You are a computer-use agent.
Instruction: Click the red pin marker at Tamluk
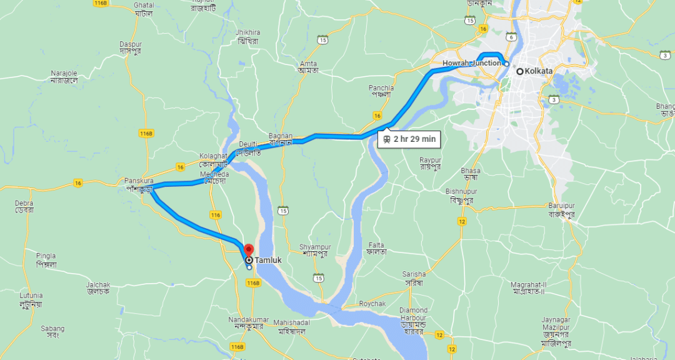click(247, 250)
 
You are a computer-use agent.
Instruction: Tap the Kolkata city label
click(538, 71)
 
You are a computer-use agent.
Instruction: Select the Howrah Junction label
click(471, 63)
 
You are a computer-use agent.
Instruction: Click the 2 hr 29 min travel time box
click(409, 139)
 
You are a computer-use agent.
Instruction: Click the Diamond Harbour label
click(413, 314)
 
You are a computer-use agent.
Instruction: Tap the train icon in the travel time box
click(387, 139)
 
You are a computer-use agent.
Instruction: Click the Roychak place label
click(372, 304)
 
